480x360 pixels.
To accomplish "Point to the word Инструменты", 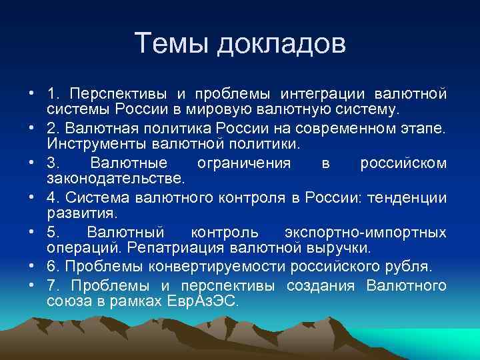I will click(x=97, y=143).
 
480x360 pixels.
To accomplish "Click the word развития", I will click(x=81, y=214).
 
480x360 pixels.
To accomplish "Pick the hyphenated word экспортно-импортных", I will click(x=365, y=233).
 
